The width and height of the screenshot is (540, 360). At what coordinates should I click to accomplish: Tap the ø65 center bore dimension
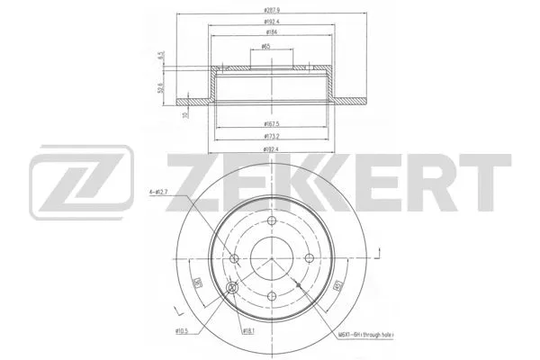click(267, 46)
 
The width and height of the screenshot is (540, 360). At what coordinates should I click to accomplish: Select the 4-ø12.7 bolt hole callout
click(155, 191)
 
